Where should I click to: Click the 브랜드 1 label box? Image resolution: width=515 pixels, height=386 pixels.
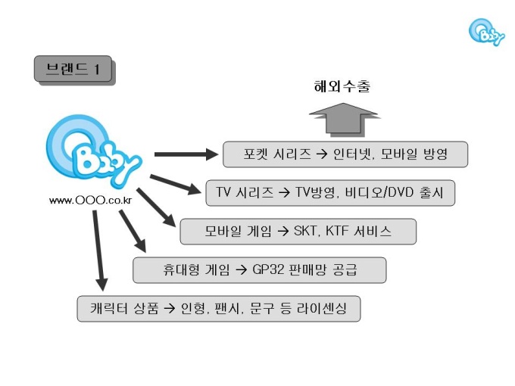73,70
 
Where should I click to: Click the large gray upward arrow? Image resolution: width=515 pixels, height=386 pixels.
342,119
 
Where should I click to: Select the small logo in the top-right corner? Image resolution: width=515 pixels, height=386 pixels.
485,32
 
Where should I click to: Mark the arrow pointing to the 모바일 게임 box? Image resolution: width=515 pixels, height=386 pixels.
154,208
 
